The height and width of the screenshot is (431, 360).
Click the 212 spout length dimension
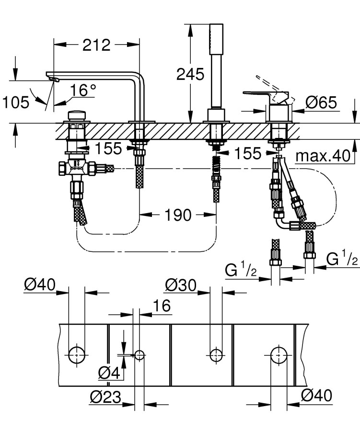(96, 45)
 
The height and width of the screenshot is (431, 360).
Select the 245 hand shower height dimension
(190, 74)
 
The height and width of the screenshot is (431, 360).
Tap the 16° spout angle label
(83, 90)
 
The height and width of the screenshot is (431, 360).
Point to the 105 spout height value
(15, 102)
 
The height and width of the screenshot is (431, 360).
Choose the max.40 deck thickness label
(323, 156)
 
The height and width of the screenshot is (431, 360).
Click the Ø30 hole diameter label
(181, 285)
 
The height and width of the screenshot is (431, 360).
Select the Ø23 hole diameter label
(105, 397)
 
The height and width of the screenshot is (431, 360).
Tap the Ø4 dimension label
(108, 372)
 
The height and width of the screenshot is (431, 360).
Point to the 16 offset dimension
(162, 306)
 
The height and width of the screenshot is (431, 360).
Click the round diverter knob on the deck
(77, 116)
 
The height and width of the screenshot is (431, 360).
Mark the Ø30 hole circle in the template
(216, 355)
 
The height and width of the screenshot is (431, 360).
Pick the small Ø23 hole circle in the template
(139, 355)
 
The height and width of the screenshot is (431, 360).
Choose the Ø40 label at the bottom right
(316, 396)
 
